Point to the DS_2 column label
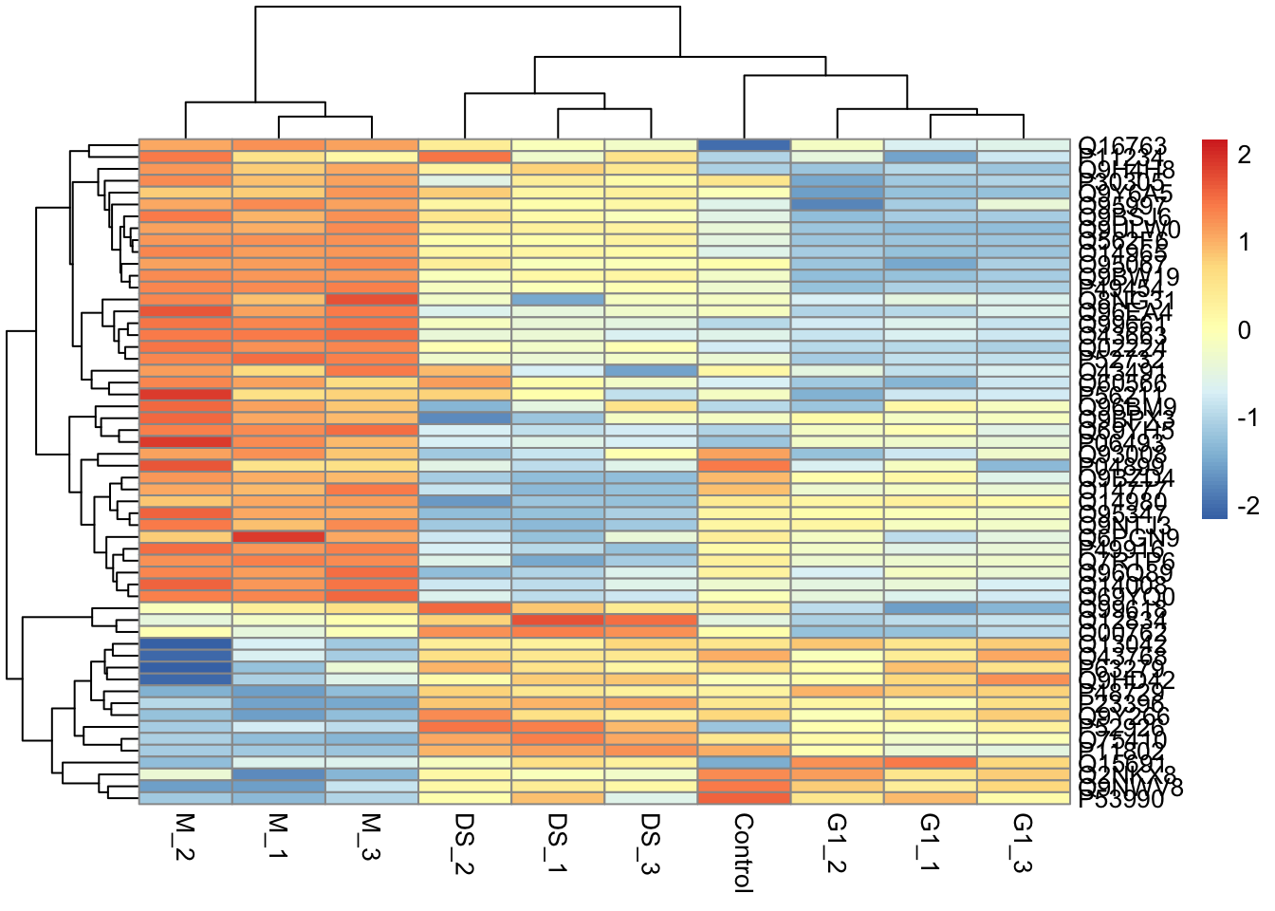tap(463, 844)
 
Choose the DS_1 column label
tap(556, 844)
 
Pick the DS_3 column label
tap(650, 844)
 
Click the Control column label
tap(743, 852)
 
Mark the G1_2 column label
tap(836, 844)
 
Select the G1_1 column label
tap(929, 844)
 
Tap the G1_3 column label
tap(1022, 844)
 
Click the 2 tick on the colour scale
tap(1244, 155)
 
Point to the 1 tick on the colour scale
tap(1244, 242)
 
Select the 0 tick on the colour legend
tap(1244, 330)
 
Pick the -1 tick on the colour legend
tap(1247, 418)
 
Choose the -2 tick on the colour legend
tap(1247, 506)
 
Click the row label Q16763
tap(1122, 145)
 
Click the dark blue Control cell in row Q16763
tap(743, 145)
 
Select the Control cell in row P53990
tap(743, 798)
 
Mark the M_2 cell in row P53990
tap(184, 798)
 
